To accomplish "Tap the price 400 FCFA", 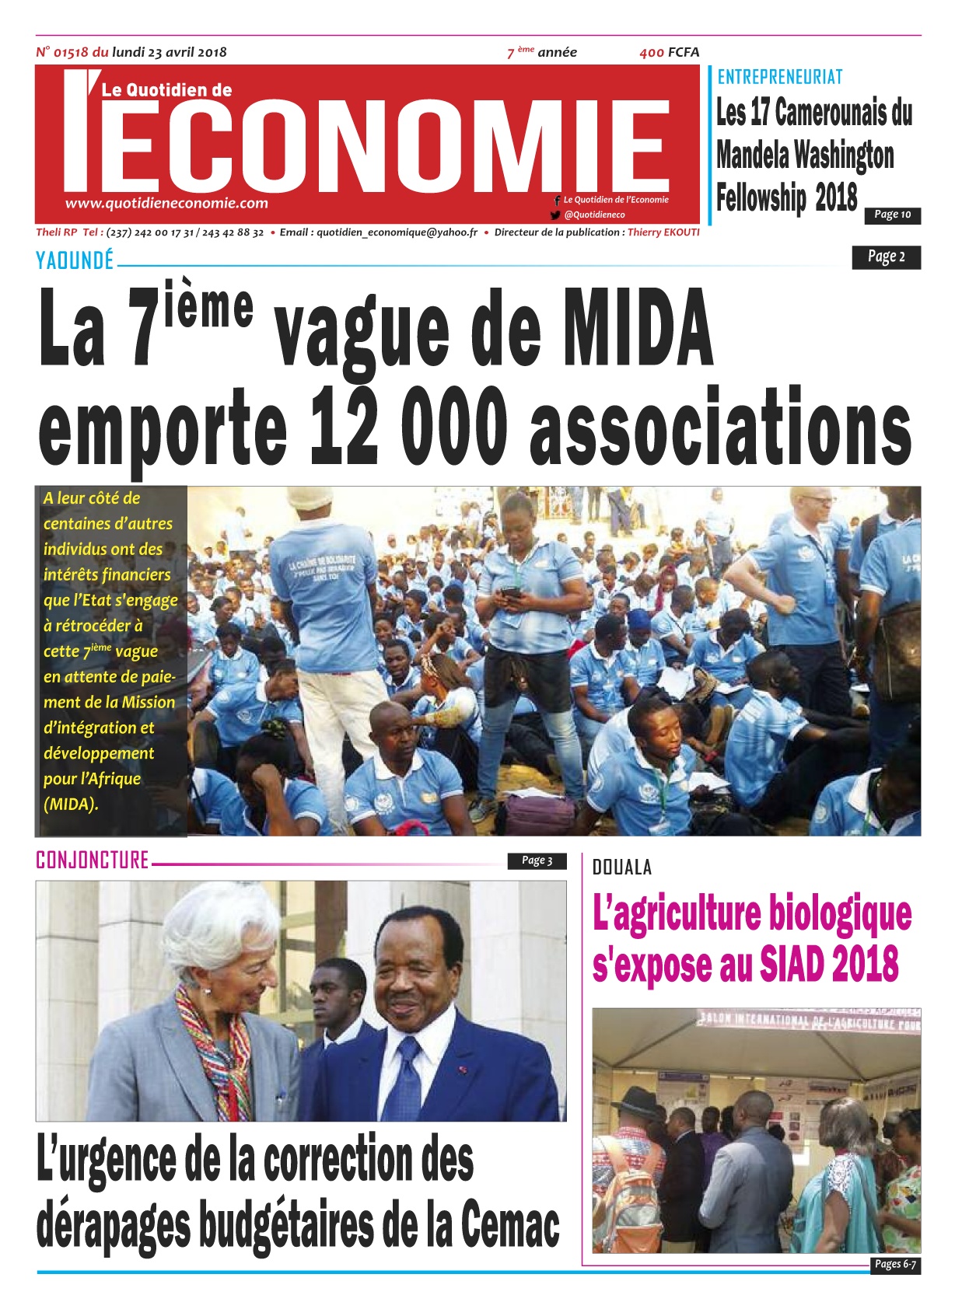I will coord(669,52).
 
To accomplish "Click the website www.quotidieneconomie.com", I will coord(166,203).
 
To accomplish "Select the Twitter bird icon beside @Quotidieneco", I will coord(555,215).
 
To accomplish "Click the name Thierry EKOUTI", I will coord(663,232).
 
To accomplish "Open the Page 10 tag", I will coord(892,215).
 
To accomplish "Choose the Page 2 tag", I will coord(886,257).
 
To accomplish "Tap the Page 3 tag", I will coord(537,860).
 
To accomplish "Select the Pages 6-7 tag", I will coord(894,1264).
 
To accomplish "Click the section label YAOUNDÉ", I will coord(75,260).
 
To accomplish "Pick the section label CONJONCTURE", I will coord(92,860).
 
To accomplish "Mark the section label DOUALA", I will coord(621,867).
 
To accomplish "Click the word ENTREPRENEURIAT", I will coord(779,77).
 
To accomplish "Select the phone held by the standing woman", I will coord(511,592).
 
